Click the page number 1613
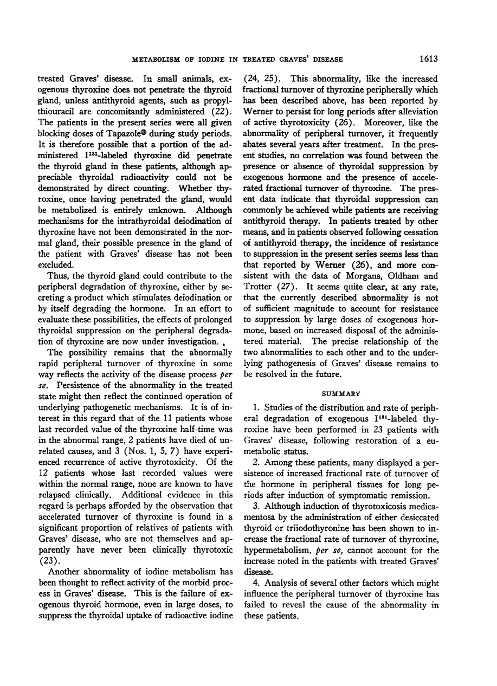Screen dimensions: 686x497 coord(428,59)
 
